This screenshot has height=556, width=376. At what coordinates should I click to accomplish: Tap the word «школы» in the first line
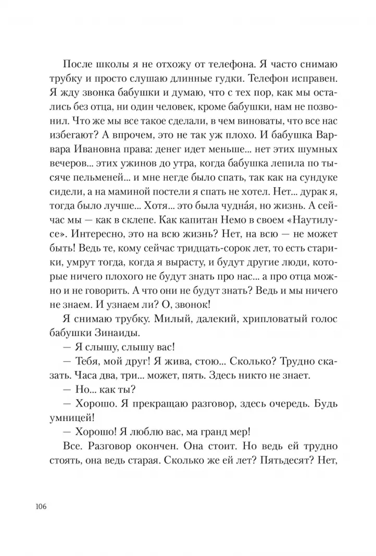tap(109, 64)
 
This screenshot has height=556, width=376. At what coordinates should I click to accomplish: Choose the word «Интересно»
tap(96, 234)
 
